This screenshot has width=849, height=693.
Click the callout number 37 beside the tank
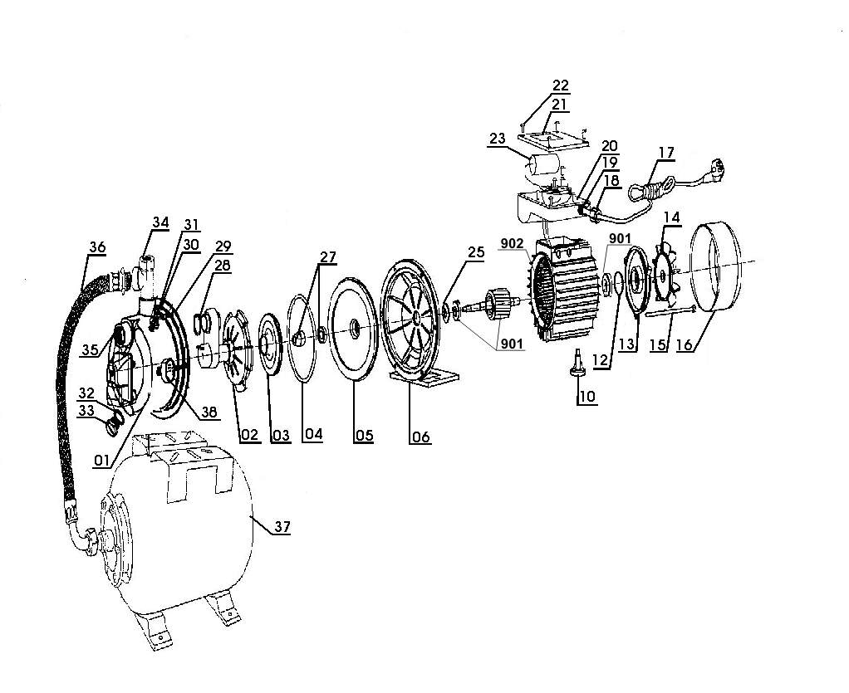click(282, 526)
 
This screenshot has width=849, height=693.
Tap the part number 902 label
click(512, 243)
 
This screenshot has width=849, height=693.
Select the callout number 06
click(420, 436)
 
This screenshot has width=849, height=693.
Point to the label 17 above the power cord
click(666, 153)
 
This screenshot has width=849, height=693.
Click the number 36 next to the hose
click(97, 247)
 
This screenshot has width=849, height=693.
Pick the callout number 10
click(587, 397)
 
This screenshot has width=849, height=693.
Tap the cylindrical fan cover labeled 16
click(715, 267)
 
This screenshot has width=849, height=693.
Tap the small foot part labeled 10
click(577, 363)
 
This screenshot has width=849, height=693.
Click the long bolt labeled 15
click(670, 311)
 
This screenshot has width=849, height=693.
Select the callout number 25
click(476, 252)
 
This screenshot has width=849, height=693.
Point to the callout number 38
click(209, 412)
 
